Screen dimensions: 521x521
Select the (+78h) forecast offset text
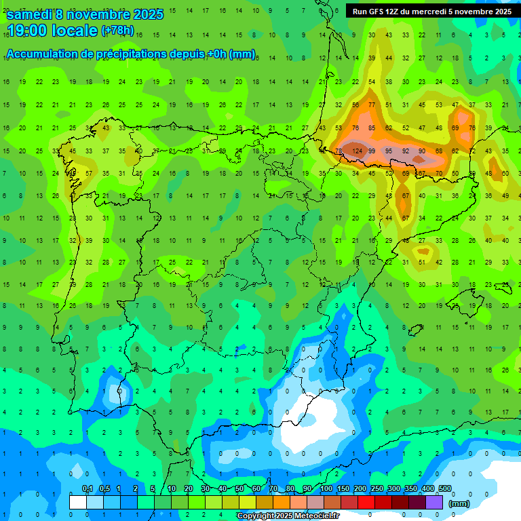(x=117, y=31)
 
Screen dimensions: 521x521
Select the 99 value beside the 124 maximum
(x=371, y=151)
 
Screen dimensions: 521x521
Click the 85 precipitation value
(x=371, y=128)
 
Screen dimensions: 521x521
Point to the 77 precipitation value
(x=371, y=105)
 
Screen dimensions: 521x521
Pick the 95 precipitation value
(x=388, y=151)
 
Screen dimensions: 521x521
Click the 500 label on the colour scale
(x=444, y=488)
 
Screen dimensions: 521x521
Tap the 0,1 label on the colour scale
(x=87, y=488)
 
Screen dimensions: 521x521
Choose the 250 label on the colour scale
(x=377, y=488)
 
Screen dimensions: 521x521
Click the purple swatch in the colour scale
(x=435, y=501)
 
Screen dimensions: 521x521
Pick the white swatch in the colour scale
(x=78, y=501)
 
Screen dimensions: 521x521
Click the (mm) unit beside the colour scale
(x=459, y=503)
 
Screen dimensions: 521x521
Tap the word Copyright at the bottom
(x=254, y=516)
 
